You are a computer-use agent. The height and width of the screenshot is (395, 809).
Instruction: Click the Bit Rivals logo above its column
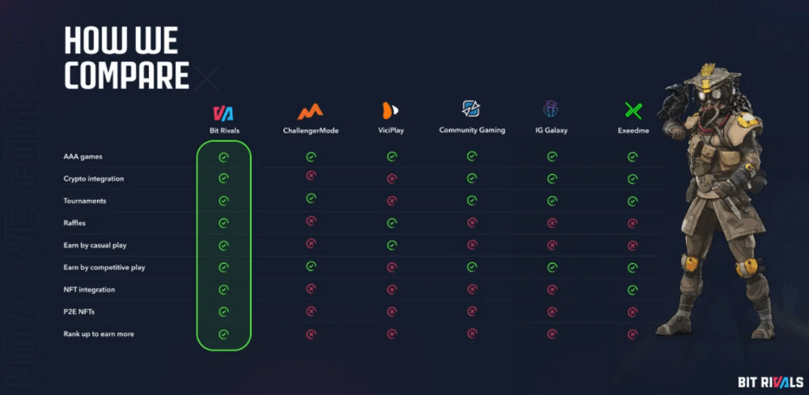(223, 113)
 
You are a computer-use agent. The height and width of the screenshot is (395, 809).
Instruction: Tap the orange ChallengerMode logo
(310, 111)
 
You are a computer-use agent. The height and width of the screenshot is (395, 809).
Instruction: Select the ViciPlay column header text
(391, 130)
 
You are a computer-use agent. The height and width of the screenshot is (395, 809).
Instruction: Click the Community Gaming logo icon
(471, 108)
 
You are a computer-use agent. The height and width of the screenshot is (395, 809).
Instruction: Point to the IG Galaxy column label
(552, 130)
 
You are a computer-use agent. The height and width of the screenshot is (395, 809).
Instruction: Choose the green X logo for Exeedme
(633, 111)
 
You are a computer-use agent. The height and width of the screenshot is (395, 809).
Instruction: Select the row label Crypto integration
(93, 179)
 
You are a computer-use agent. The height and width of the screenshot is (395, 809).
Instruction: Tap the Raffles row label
(74, 223)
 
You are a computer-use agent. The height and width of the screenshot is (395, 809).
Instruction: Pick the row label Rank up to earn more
(99, 334)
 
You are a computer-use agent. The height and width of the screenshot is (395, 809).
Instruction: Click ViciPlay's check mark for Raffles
(392, 223)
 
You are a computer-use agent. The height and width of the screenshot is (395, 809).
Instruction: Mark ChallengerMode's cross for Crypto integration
(311, 176)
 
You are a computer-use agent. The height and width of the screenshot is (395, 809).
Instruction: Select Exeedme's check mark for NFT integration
(633, 290)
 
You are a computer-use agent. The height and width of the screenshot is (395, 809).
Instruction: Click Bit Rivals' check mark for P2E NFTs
(223, 312)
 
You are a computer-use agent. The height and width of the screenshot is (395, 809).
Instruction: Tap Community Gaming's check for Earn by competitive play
(472, 267)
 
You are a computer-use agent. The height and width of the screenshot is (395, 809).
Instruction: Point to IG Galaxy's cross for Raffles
(552, 223)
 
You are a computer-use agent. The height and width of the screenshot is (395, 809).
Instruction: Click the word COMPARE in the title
(127, 75)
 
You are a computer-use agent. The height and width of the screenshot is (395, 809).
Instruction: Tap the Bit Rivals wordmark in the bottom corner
(771, 382)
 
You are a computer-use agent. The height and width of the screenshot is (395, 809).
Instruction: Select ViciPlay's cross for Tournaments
(392, 201)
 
